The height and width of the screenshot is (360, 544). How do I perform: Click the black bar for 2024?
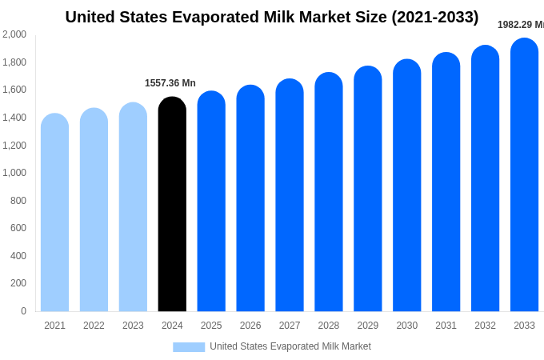coord(172,204)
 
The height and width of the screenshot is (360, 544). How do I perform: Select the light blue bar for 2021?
coord(54,212)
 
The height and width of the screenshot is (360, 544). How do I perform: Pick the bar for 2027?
coord(290,195)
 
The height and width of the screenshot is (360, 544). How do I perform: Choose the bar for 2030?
coord(406,185)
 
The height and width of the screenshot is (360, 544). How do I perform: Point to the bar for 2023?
coord(133,206)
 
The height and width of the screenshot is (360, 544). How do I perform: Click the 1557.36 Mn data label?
coord(170,83)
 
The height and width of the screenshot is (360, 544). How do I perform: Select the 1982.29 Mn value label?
coord(520,25)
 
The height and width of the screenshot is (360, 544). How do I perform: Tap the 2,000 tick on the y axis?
coord(14,34)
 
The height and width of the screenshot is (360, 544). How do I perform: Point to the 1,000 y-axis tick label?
coord(14,173)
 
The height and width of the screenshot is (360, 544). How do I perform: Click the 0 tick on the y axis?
coord(23,311)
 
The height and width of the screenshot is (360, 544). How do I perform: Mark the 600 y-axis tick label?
coord(18,228)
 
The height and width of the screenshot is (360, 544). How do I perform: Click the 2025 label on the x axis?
coord(211,326)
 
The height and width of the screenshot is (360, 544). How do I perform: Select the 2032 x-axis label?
coord(485,326)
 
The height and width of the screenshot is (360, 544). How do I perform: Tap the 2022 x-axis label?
coord(94,326)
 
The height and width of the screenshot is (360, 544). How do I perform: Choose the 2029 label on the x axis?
coord(368,326)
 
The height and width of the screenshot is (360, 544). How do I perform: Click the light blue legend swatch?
coord(189,347)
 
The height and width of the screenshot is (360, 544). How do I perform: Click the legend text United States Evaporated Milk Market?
coord(290,346)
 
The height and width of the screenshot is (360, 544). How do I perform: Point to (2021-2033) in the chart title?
coord(434,17)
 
